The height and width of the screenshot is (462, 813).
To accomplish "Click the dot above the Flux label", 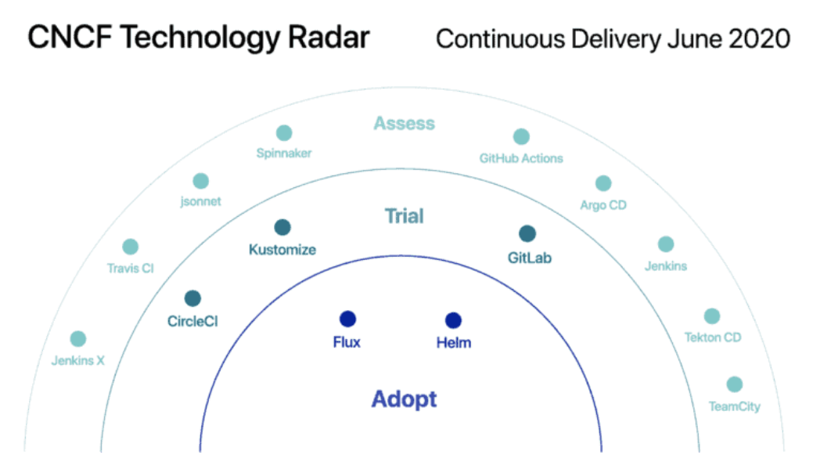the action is (347, 319).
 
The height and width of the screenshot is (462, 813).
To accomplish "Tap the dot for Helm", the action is (453, 320).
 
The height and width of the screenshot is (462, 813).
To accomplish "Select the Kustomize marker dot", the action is (282, 227).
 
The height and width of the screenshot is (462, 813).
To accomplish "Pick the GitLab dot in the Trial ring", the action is (527, 233).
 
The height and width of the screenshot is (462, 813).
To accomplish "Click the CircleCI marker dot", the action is (192, 298).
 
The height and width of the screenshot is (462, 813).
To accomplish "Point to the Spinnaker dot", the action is (284, 133).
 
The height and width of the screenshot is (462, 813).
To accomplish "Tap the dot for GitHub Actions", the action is (521, 136).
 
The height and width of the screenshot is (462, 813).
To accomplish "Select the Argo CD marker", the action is (603, 182).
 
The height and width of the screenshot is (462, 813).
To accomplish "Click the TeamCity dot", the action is (734, 384).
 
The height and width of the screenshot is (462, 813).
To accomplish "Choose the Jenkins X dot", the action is (78, 338).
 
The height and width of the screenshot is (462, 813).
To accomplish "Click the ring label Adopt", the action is (405, 399).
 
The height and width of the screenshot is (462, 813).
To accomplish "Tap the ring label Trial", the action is (405, 216).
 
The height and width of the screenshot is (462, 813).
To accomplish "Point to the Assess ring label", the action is (405, 124).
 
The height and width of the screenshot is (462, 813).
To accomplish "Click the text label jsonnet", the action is (200, 201).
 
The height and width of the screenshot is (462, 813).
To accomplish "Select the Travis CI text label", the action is (131, 269).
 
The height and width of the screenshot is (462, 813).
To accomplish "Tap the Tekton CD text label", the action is (713, 337).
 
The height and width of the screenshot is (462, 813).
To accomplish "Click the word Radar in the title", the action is (329, 38).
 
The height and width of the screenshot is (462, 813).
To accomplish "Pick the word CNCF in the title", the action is (70, 38).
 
